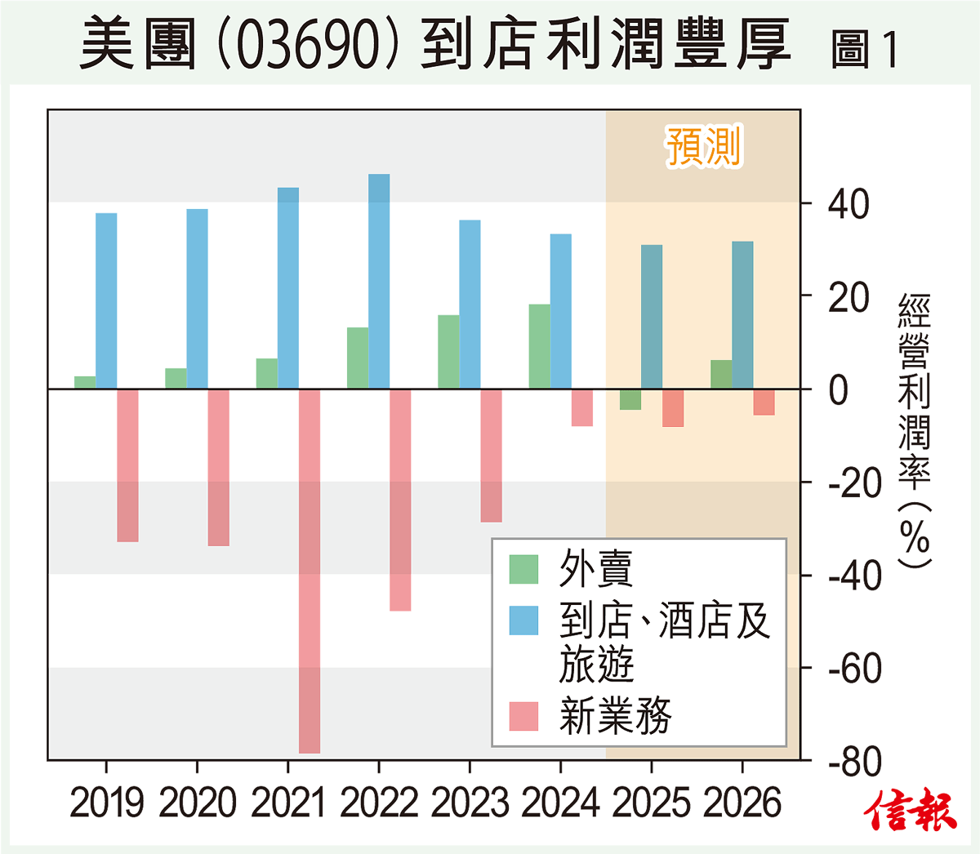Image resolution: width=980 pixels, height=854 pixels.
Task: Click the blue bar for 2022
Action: coord(379,281)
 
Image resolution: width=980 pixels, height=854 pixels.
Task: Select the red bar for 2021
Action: coord(310,571)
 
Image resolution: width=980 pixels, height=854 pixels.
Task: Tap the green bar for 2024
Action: coord(539,346)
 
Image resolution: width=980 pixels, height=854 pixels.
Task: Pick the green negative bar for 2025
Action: coord(630,399)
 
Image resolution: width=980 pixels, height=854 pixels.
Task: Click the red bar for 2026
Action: coord(764,402)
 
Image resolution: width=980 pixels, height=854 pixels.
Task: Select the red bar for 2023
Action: coord(491,455)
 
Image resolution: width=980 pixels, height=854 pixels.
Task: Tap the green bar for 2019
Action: coord(85,382)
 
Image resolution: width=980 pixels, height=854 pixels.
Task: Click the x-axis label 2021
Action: coord(287,803)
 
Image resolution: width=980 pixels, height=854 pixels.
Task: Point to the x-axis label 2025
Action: coord(651,803)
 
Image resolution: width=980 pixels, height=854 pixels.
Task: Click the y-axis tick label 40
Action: coord(849,204)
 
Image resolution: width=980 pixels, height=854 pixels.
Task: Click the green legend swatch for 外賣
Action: coord(523,569)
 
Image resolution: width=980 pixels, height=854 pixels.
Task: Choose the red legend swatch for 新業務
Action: coord(523,716)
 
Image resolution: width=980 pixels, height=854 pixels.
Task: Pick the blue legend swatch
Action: coord(523,620)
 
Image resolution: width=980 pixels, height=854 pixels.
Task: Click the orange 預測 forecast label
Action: coord(703,147)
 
